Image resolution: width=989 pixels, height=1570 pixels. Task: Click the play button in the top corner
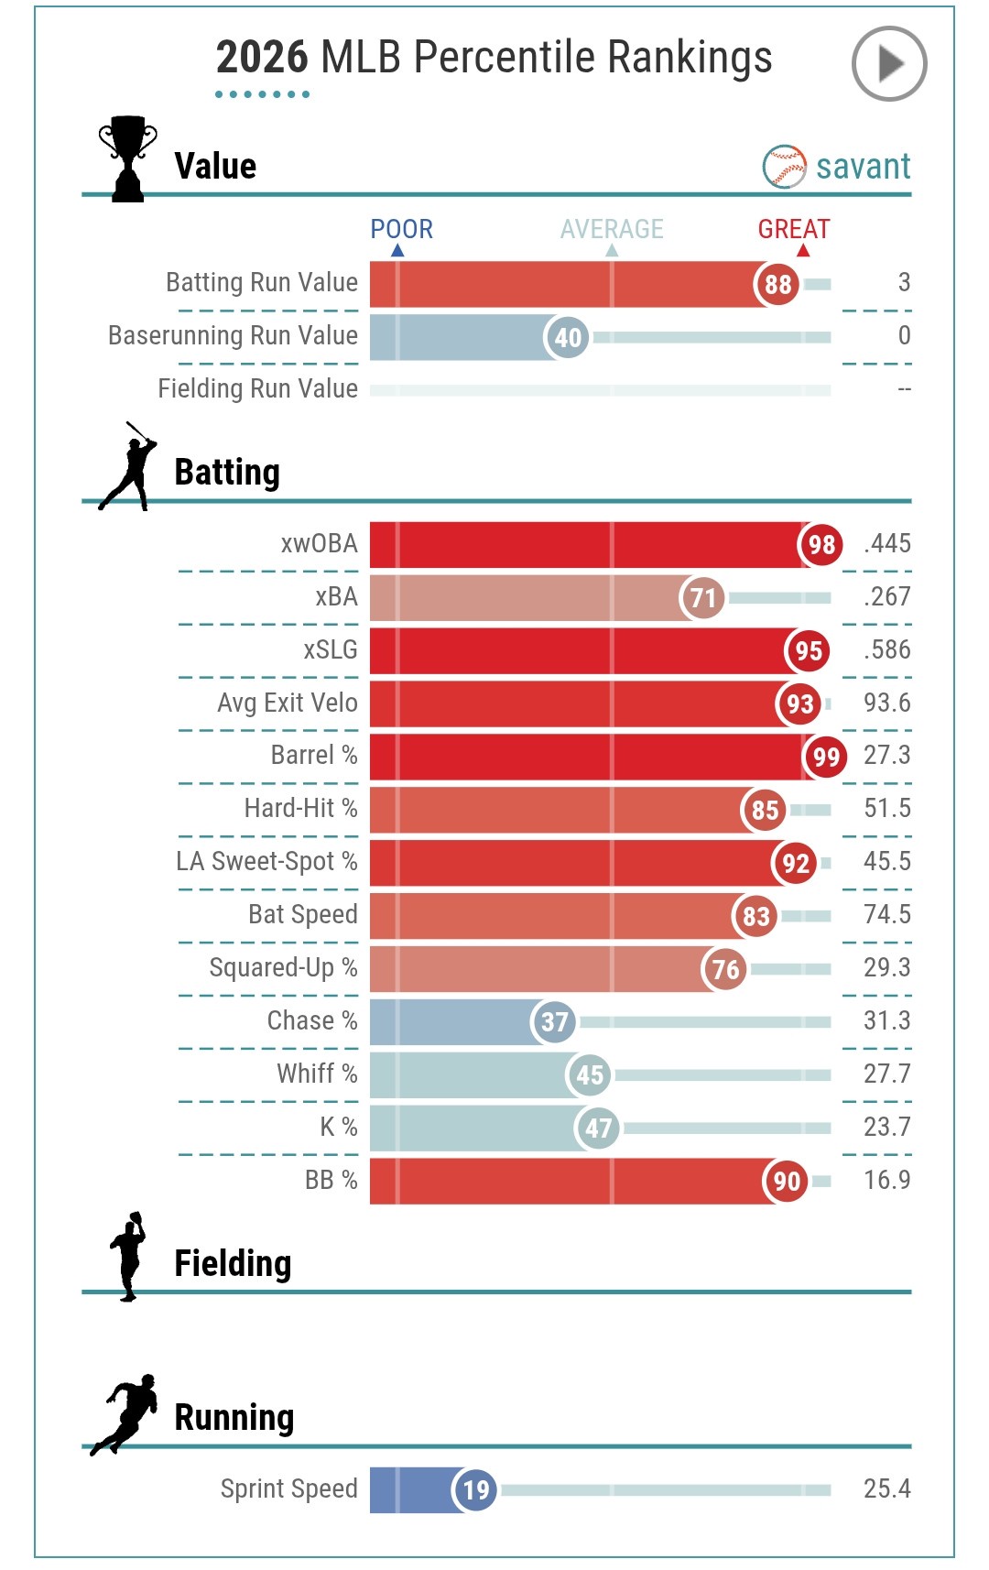(x=888, y=64)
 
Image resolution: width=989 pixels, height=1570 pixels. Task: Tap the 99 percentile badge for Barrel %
(x=825, y=757)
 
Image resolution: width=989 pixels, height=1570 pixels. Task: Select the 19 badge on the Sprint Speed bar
(x=475, y=1489)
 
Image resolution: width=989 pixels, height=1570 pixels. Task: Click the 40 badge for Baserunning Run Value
(x=567, y=337)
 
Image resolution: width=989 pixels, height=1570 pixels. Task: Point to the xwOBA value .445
(x=886, y=543)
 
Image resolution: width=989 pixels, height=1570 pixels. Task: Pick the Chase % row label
(x=311, y=1020)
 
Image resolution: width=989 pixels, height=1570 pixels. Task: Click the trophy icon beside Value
(x=127, y=158)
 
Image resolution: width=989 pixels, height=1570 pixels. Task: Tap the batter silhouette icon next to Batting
(x=129, y=466)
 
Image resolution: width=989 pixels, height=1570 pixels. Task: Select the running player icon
(x=125, y=1414)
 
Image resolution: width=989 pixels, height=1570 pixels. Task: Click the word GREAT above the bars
(x=793, y=229)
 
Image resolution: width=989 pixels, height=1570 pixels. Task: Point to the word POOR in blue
(x=401, y=229)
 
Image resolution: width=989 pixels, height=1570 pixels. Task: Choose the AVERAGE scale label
(x=612, y=229)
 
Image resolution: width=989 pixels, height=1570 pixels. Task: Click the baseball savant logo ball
(x=784, y=167)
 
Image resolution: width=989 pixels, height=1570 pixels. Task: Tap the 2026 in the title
(x=262, y=58)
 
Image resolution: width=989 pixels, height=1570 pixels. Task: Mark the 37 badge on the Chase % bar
(x=554, y=1021)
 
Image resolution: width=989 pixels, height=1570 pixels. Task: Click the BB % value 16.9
(x=886, y=1180)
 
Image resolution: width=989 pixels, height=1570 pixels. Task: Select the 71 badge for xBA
(x=702, y=598)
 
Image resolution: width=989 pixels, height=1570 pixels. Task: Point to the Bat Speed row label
(x=302, y=914)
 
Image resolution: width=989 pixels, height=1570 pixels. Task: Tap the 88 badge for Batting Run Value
(x=777, y=284)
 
